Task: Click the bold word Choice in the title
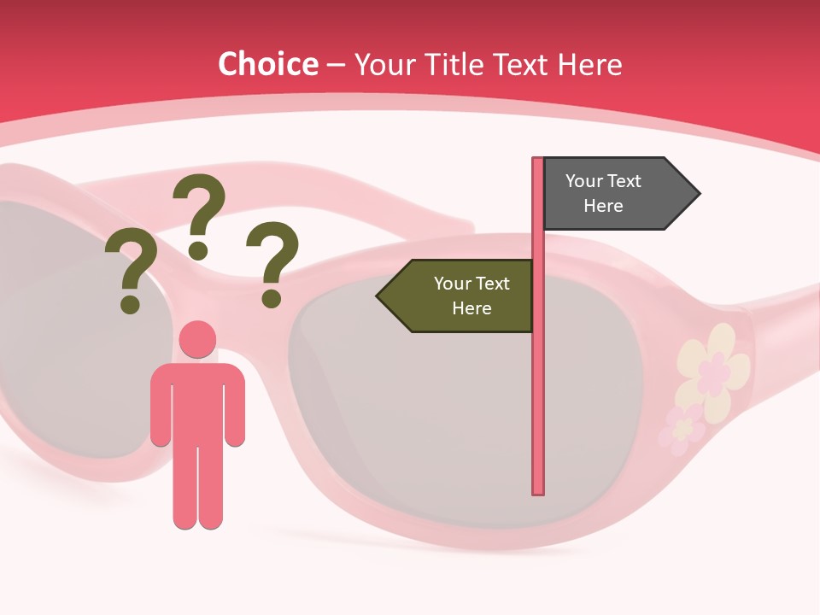pyautogui.click(x=267, y=64)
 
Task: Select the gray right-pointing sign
pyautogui.click(x=612, y=193)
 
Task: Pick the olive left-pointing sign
pyautogui.click(x=461, y=296)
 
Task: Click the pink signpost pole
pyautogui.click(x=538, y=384)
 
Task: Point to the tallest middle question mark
pyautogui.click(x=199, y=214)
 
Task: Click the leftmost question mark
pyautogui.click(x=131, y=273)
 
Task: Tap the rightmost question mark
pyautogui.click(x=272, y=263)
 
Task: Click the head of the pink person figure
pyautogui.click(x=198, y=339)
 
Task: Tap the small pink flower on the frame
pyautogui.click(x=681, y=427)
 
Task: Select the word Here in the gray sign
pyautogui.click(x=603, y=206)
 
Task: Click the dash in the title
pyautogui.click(x=336, y=64)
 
